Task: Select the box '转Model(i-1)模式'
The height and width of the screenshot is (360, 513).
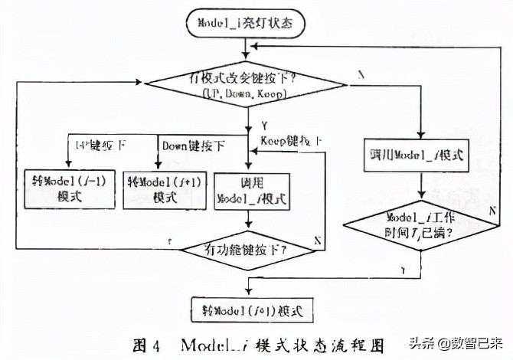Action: pos(69,188)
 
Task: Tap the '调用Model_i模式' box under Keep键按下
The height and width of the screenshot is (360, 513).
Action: pos(252,191)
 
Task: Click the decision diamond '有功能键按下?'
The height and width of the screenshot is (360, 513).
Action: pos(245,249)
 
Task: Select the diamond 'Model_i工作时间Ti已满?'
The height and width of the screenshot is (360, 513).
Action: pos(420,225)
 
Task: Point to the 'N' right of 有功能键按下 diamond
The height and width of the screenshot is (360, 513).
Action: pos(315,240)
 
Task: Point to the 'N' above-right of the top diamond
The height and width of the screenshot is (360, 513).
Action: pos(360,74)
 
